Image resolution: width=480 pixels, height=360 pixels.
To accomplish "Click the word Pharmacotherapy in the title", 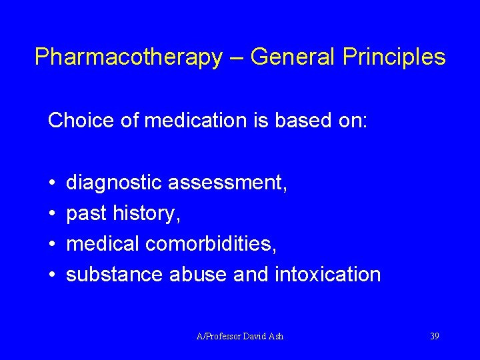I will pos(128,57).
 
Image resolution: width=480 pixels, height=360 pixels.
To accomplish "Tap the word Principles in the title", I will pos(394,57).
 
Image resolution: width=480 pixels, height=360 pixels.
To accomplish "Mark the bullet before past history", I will pos(52,214).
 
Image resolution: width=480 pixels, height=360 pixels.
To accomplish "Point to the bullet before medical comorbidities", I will pos(52,245).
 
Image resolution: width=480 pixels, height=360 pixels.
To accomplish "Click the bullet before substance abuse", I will pos(52,275).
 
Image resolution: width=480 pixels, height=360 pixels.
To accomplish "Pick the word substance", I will pos(115,275).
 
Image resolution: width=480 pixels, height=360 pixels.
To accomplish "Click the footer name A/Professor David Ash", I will pos(240,336).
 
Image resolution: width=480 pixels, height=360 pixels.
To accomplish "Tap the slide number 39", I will pos(434,336).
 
